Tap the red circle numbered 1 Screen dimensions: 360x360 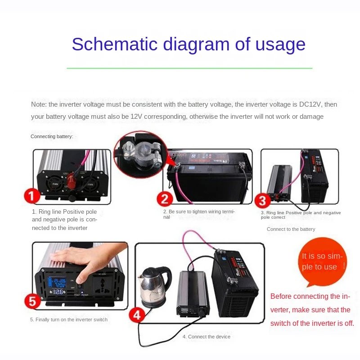click(x=32, y=197)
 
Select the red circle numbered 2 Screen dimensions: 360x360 click(x=165, y=199)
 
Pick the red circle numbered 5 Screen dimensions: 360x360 click(x=32, y=301)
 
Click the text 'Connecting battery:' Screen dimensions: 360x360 click(x=52, y=136)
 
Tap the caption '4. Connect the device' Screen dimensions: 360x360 click(x=206, y=337)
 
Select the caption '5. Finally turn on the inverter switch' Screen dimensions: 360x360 click(x=69, y=319)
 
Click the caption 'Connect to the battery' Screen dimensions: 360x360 click(x=291, y=229)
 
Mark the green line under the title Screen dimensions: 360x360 click(x=189, y=68)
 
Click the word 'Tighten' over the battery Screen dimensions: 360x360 click(x=176, y=154)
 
